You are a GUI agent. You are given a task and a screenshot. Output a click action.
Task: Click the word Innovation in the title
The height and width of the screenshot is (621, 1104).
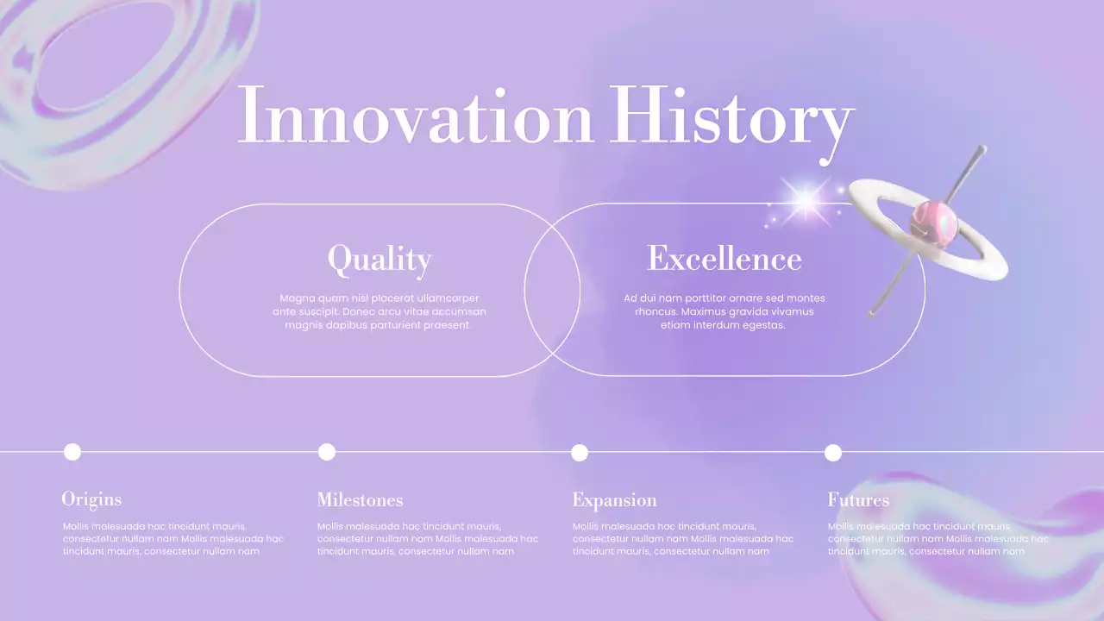(x=415, y=116)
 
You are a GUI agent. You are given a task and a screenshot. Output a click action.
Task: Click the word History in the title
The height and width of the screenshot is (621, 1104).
(x=731, y=116)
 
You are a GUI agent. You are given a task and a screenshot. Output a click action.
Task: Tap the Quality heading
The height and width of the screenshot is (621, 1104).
(x=379, y=259)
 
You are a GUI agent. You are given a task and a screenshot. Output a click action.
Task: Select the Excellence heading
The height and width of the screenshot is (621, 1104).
(x=724, y=259)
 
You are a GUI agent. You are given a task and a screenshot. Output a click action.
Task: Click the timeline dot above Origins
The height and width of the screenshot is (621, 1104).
(x=72, y=452)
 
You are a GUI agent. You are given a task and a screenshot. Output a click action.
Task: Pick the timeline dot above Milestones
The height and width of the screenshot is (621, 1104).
(x=327, y=452)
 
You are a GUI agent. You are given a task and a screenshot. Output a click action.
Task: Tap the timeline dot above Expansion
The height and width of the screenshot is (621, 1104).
(x=580, y=453)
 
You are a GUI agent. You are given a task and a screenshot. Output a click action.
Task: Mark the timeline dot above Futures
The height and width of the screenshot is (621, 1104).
(x=833, y=453)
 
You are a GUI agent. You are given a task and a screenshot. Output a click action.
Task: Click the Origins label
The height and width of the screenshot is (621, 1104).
(x=91, y=499)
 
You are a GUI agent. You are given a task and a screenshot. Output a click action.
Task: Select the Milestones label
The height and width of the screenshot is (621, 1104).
(x=360, y=500)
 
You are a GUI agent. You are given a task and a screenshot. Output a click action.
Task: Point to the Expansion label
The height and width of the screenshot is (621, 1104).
(x=614, y=500)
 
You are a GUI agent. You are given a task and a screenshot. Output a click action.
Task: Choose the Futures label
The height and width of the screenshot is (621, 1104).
(x=858, y=500)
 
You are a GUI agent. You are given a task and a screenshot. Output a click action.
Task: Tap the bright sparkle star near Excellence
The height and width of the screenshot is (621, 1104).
(x=806, y=201)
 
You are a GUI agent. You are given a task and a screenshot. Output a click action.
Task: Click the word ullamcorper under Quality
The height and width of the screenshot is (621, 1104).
(x=441, y=298)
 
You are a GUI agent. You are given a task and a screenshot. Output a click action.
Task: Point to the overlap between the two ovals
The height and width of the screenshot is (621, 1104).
(x=552, y=290)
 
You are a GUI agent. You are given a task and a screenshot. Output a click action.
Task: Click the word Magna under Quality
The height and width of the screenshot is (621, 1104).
(x=297, y=298)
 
